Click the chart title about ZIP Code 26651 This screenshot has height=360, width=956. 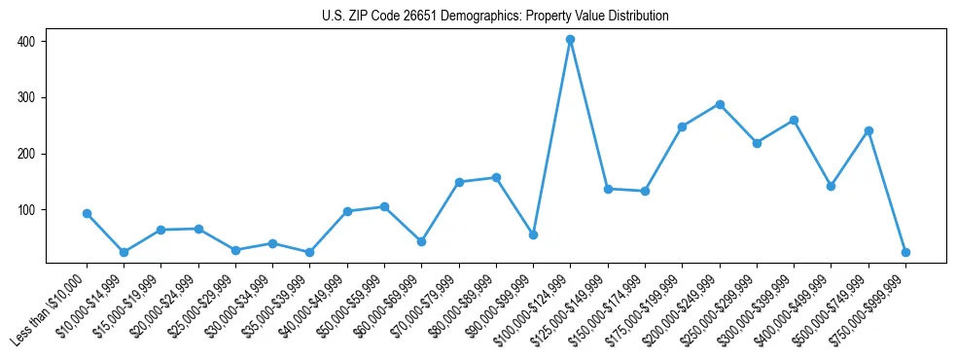[x=495, y=16]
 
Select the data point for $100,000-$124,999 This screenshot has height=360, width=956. [x=571, y=40]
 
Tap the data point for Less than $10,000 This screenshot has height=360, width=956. [x=88, y=213]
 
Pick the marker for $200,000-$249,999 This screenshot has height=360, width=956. [x=720, y=104]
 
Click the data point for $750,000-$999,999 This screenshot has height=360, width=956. [x=905, y=252]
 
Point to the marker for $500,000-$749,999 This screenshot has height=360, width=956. [x=868, y=130]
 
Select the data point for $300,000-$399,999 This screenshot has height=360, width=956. [x=794, y=121]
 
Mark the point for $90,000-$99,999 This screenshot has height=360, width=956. [x=533, y=234]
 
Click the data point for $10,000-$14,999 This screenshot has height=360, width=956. [x=124, y=252]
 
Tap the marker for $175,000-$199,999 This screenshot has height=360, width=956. [x=683, y=126]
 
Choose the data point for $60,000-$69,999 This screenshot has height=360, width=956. [x=422, y=241]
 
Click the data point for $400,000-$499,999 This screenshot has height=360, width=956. [x=832, y=186]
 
